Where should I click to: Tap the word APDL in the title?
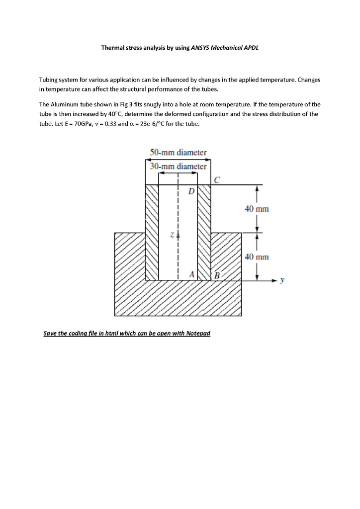[x=251, y=48]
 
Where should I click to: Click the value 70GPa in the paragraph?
[x=71, y=123]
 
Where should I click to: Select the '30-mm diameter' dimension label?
[x=178, y=167]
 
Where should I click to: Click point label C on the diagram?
[x=217, y=179]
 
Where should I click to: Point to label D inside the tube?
[x=191, y=191]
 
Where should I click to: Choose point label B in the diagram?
[x=217, y=275]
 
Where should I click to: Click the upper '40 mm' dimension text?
[x=257, y=209]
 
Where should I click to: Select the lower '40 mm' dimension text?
[x=257, y=257]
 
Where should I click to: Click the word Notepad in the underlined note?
[x=198, y=333]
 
